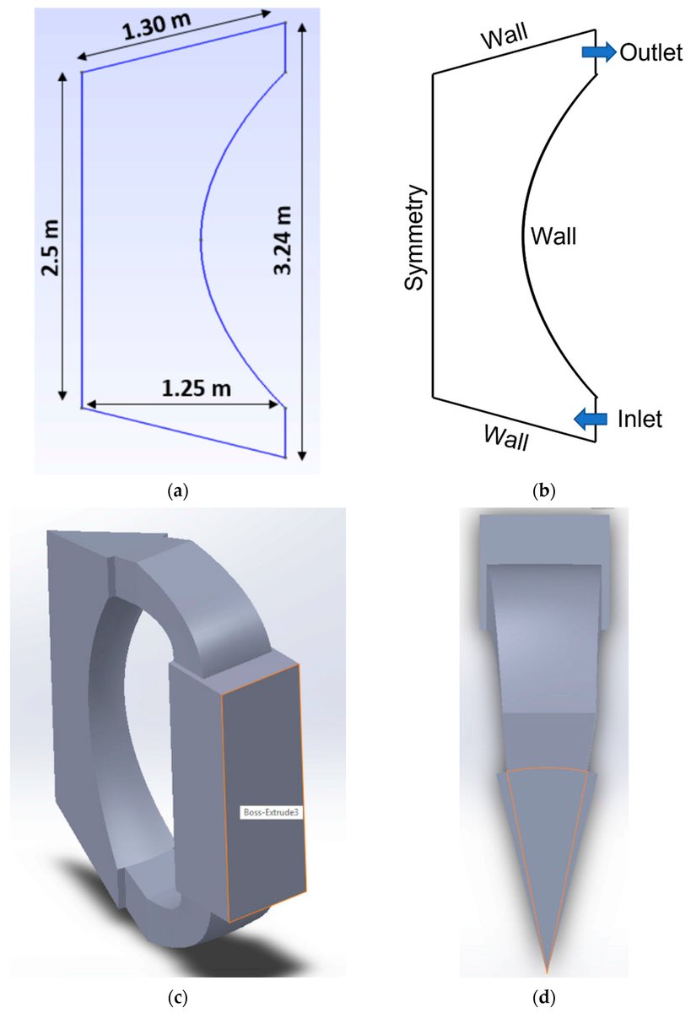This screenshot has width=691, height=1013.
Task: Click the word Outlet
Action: click(650, 52)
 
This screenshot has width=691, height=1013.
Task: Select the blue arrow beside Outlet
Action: click(598, 52)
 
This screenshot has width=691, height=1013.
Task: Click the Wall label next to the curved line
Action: click(553, 236)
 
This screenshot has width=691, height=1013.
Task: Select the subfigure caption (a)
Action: click(177, 489)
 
